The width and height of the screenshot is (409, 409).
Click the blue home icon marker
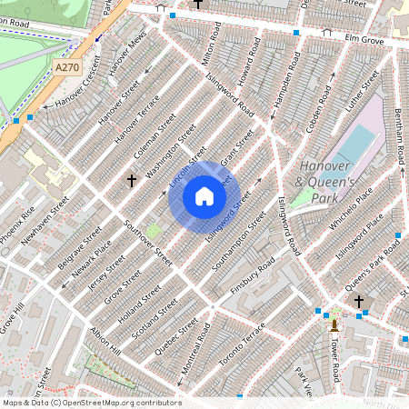coord(204,196)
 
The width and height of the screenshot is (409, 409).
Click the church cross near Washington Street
coord(131,181)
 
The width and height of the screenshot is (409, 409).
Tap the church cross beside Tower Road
coord(358,301)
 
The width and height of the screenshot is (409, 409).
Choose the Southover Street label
coord(142,237)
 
